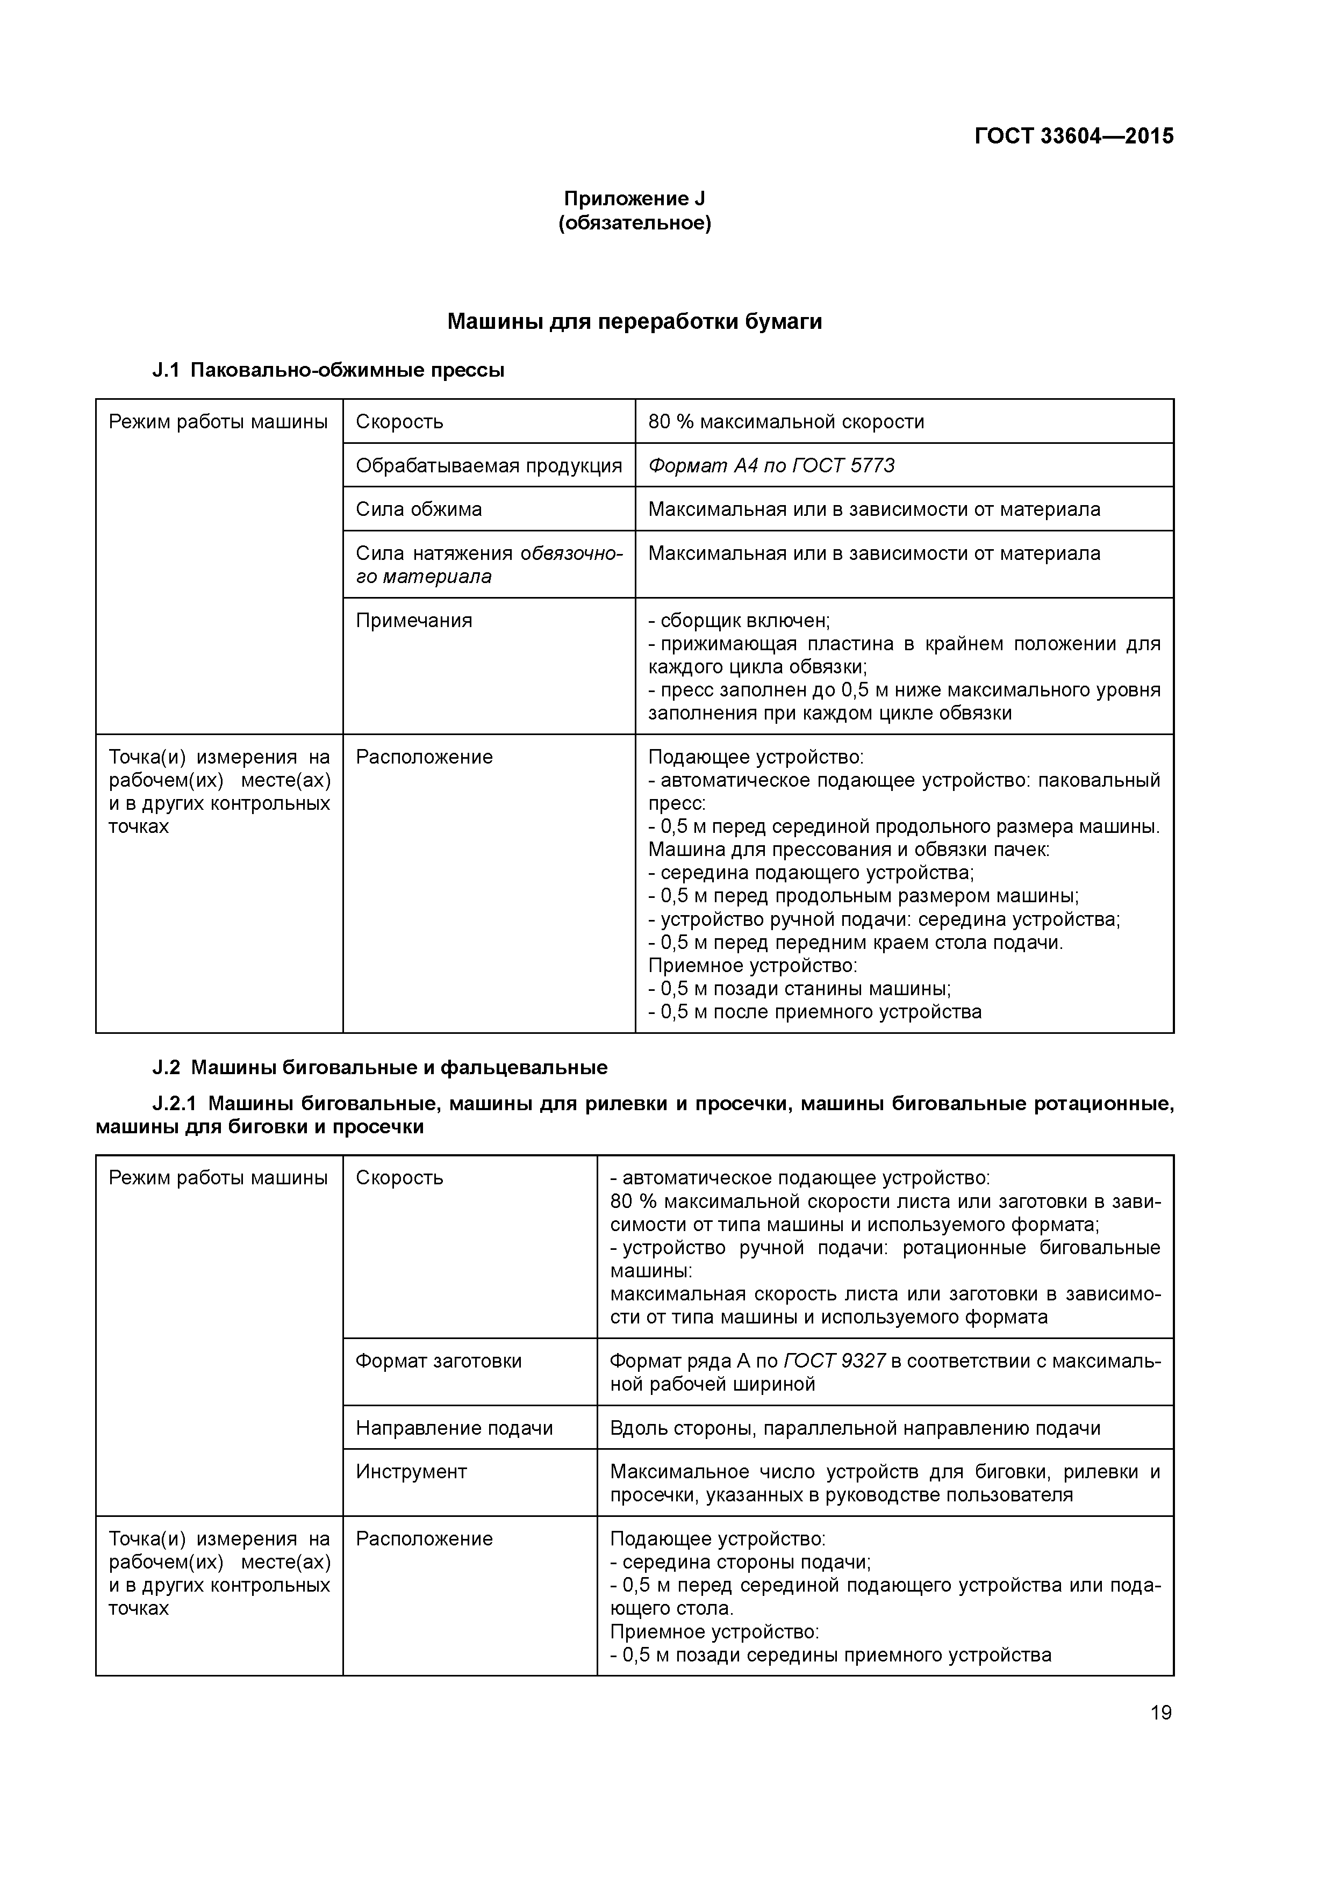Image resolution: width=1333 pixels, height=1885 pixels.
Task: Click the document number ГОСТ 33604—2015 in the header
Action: pos(1073,136)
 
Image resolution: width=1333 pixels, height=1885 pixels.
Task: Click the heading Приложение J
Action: pos(634,199)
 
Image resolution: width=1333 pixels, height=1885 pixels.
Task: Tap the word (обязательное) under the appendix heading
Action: pos(634,224)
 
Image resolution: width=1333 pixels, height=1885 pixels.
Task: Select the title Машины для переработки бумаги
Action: pos(634,322)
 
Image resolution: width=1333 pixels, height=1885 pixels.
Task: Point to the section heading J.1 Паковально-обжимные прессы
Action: pos(328,370)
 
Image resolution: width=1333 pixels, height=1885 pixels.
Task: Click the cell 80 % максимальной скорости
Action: pos(786,422)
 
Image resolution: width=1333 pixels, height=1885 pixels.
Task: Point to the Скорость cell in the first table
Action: pos(399,422)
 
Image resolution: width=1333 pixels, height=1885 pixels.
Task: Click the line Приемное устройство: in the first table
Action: pos(752,966)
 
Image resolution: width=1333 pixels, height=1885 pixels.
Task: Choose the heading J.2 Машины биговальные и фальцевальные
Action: pos(380,1067)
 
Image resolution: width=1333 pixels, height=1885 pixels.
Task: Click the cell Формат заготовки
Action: pos(439,1361)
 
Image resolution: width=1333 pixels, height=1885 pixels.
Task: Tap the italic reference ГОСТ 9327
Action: pos(834,1361)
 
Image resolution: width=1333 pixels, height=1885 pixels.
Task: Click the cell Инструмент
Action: pos(411,1471)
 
